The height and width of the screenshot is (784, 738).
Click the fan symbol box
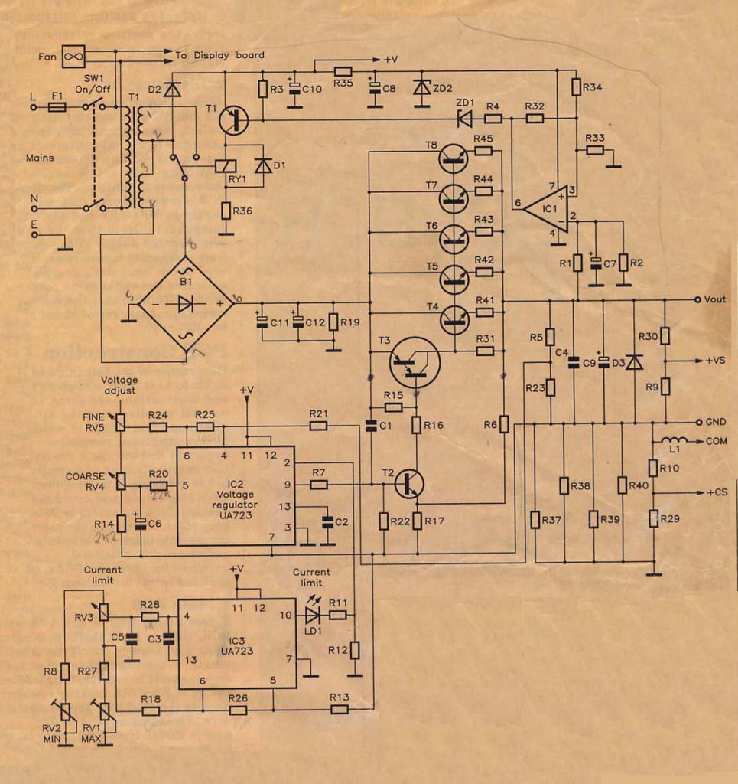(x=73, y=56)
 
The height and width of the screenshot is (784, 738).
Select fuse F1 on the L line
(x=57, y=108)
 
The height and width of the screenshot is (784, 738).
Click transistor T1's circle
(x=233, y=119)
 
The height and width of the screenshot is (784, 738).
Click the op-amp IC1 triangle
(x=545, y=207)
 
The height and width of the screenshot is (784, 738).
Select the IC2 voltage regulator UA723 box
(x=236, y=495)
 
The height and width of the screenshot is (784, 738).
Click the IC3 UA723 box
(x=237, y=644)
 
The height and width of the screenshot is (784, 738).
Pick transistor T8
(x=456, y=158)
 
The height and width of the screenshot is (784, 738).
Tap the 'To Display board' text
(x=219, y=55)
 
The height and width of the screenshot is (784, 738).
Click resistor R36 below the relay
(x=226, y=210)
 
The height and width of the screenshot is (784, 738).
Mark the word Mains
(x=39, y=158)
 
